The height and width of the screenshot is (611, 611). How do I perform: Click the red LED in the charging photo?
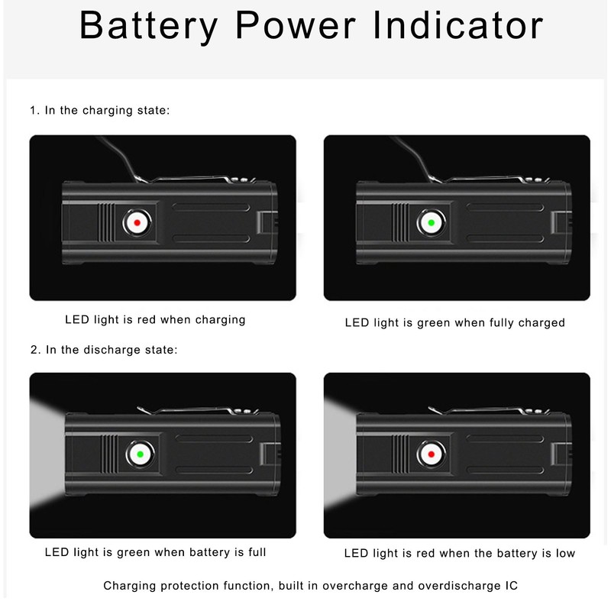pos(137,223)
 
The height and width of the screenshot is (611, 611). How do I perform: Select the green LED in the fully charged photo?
pos(432,223)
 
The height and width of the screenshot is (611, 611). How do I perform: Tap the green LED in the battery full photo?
pos(140,455)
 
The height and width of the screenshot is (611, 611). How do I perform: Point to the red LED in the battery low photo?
pos(432,455)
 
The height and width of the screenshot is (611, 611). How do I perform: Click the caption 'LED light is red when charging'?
pos(156,319)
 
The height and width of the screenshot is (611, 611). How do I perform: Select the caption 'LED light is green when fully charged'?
pos(454,322)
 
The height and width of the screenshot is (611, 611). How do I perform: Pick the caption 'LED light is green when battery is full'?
pos(156,551)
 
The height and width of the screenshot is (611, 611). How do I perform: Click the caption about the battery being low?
pos(459,553)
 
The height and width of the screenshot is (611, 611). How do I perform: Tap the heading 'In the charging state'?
pos(99,111)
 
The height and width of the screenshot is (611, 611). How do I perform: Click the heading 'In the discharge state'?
pos(103,350)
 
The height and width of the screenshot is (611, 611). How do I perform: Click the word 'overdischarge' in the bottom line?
pos(452,586)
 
